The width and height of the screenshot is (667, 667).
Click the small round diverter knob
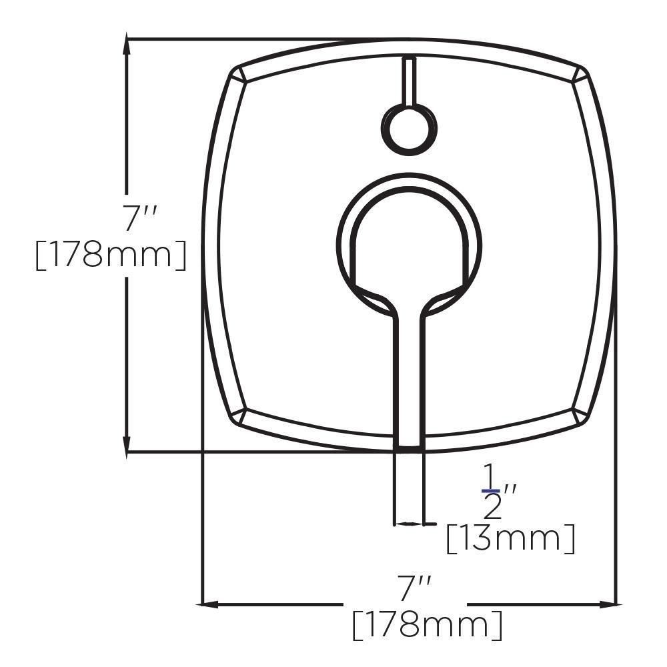409,129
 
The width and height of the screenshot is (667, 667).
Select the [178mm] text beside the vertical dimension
110,255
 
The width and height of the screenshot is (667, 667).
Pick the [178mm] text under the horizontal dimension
427,625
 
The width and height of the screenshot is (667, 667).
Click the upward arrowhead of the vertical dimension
127,47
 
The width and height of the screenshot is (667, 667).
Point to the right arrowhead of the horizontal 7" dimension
607,604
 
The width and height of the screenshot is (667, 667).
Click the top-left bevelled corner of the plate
239,75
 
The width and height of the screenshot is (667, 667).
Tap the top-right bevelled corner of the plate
580,75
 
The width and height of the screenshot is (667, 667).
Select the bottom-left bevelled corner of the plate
239,417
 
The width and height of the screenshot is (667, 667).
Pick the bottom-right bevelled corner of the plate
580,417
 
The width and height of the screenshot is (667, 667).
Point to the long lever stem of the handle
408,374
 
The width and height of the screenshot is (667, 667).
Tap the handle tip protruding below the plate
409,487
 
